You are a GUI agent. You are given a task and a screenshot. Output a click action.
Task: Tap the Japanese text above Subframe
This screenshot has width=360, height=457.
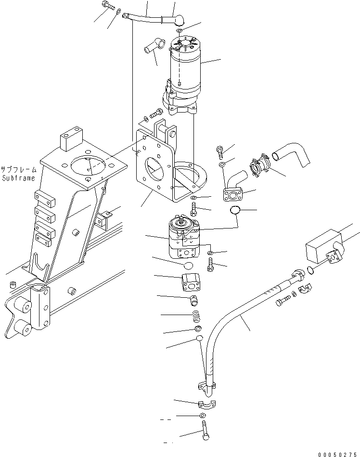(18, 170)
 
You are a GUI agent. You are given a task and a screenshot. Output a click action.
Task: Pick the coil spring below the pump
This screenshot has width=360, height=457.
(196, 316)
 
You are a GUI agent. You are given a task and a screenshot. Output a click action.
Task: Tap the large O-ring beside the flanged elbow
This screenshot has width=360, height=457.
(235, 211)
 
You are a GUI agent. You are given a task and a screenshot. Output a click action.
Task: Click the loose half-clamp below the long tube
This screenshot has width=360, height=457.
(206, 403)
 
